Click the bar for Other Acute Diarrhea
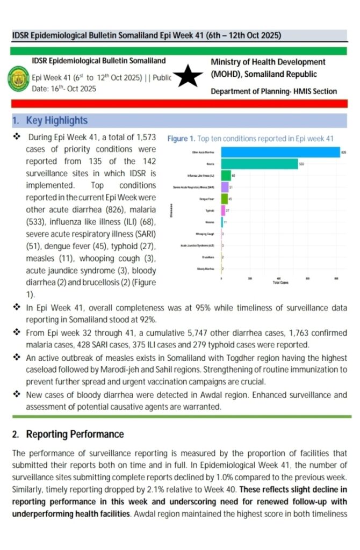279,153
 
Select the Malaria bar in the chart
260,164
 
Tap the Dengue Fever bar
225,199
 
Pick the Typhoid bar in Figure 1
223,211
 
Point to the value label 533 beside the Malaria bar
301,164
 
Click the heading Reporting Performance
75,434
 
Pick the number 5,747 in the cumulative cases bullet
172,333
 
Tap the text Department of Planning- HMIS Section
273,91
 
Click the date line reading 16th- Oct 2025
64,89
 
